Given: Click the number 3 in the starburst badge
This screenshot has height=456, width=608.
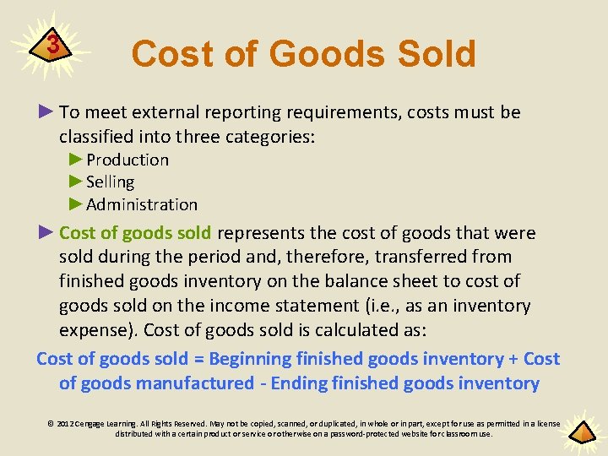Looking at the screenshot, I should tap(52, 44).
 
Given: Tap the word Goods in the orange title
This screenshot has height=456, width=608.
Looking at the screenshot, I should tap(326, 54).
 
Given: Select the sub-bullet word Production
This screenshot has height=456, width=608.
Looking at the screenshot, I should tap(128, 160).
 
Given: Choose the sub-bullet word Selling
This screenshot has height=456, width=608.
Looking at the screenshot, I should tap(110, 182).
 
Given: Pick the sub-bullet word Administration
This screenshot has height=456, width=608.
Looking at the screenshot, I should tap(142, 204).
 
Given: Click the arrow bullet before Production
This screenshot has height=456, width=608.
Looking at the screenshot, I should tap(76, 160).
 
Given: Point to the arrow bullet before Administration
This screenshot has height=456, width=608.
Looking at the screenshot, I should tap(76, 204).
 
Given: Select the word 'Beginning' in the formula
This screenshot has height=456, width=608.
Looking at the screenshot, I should tap(249, 359).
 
